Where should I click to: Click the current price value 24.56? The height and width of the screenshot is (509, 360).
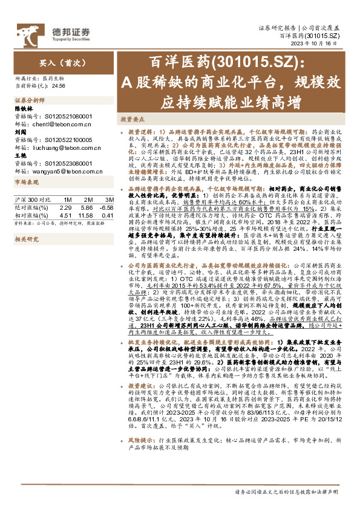(59, 86)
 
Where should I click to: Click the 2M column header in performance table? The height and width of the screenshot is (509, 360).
(88, 199)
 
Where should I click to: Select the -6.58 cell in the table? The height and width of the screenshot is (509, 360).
(107, 207)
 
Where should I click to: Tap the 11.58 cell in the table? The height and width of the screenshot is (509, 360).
(85, 215)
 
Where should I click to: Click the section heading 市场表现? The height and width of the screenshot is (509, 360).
(26, 181)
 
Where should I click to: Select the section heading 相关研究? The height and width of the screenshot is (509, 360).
(26, 239)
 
